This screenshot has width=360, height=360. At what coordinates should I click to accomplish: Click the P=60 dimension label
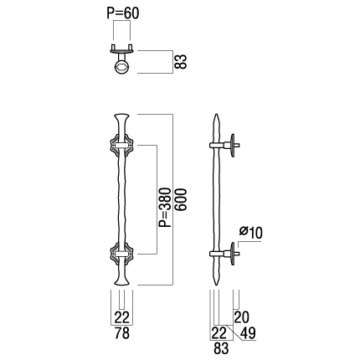point(122,13)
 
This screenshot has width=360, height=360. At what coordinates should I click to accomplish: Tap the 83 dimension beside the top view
point(181,62)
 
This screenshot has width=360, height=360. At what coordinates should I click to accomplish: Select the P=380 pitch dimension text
point(165,207)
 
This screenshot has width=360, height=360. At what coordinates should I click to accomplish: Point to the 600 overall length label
point(180,200)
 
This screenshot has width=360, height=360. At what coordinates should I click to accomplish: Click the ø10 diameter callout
point(251,232)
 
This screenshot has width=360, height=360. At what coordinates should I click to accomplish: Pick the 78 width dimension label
point(122,333)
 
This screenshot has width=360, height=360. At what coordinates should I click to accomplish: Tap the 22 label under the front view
point(122,317)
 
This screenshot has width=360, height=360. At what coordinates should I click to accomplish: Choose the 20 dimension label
point(242,317)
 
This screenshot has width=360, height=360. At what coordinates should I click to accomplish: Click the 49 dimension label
point(248,332)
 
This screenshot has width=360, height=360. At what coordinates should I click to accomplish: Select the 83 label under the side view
point(221,348)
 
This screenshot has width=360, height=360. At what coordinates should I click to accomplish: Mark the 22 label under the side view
point(219,332)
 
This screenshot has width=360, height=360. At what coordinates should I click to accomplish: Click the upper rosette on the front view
point(121,145)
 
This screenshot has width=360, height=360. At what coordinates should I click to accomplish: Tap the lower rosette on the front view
point(121,254)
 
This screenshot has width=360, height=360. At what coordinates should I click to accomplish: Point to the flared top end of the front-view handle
point(121,117)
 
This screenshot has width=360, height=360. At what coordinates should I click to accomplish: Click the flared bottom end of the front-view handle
point(121,281)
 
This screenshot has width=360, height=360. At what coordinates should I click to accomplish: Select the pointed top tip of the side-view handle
point(216,114)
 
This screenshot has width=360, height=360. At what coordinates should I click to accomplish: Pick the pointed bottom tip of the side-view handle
point(216,285)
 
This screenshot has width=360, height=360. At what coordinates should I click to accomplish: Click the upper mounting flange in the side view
point(233,145)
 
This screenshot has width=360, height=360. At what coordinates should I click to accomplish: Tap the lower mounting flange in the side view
point(233,254)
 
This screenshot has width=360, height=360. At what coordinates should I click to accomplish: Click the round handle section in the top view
point(121,68)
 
